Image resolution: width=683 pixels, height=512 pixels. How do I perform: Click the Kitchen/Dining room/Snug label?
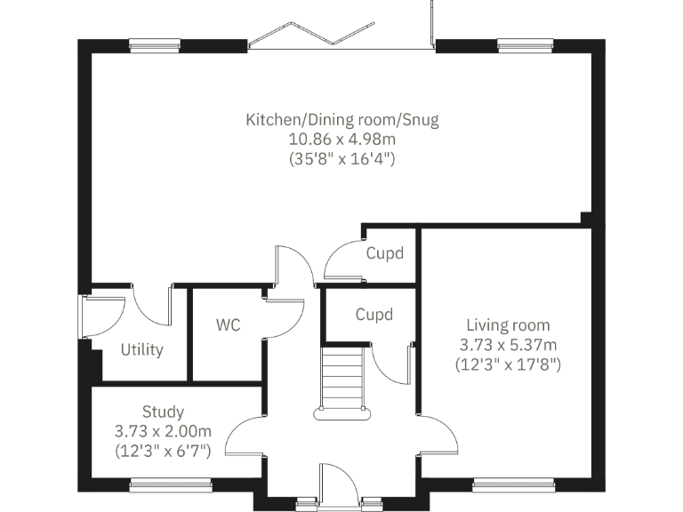[342, 119]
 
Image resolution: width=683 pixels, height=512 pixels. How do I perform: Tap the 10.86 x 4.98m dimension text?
[342, 140]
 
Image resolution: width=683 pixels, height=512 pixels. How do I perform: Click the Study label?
[164, 412]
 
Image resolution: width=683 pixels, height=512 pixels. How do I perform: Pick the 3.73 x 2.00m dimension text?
[164, 431]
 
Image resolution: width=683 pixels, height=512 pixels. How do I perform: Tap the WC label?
[228, 325]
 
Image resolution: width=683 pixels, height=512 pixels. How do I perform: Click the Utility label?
[142, 349]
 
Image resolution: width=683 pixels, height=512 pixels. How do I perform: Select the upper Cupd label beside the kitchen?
[385, 253]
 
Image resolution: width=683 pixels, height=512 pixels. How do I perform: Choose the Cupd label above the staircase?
[374, 315]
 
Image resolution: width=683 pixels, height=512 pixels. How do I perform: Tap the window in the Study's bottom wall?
[171, 484]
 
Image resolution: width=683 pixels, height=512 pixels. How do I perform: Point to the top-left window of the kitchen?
[157, 44]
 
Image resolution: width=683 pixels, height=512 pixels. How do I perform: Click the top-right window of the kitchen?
[525, 44]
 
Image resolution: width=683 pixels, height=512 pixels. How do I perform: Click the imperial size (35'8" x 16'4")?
[342, 160]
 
